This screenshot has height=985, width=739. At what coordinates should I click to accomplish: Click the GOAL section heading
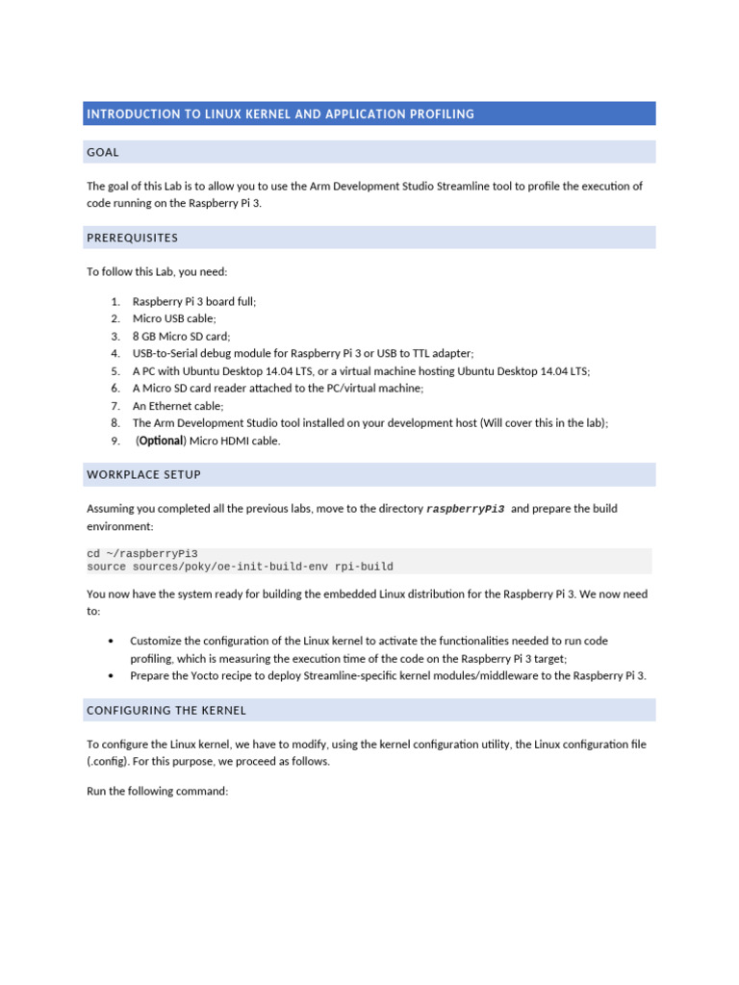(103, 152)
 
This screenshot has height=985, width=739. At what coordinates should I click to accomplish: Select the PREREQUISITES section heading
(132, 238)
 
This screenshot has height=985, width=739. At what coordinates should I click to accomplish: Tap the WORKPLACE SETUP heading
(143, 475)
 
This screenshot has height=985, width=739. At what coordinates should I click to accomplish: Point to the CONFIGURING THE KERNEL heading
(166, 711)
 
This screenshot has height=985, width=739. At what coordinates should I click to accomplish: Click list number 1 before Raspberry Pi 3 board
(115, 302)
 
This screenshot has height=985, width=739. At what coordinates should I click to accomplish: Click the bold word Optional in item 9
(161, 441)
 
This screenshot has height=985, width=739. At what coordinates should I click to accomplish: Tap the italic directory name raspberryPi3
(465, 509)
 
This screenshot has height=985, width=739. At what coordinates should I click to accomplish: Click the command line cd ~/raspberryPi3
(142, 553)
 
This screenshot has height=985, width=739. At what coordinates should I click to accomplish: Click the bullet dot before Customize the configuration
(113, 641)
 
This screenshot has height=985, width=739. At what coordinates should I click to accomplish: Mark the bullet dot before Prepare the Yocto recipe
(113, 676)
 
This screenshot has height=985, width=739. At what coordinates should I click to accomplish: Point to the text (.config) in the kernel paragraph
(106, 762)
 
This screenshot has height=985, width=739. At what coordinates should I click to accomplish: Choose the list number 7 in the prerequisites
(115, 406)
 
